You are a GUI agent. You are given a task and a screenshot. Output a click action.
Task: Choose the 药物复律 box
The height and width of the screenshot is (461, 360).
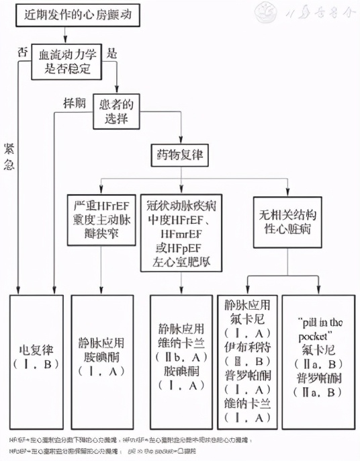pyautogui.click(x=178, y=157)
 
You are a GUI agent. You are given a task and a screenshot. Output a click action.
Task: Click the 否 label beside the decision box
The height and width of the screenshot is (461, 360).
pyautogui.click(x=22, y=52)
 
